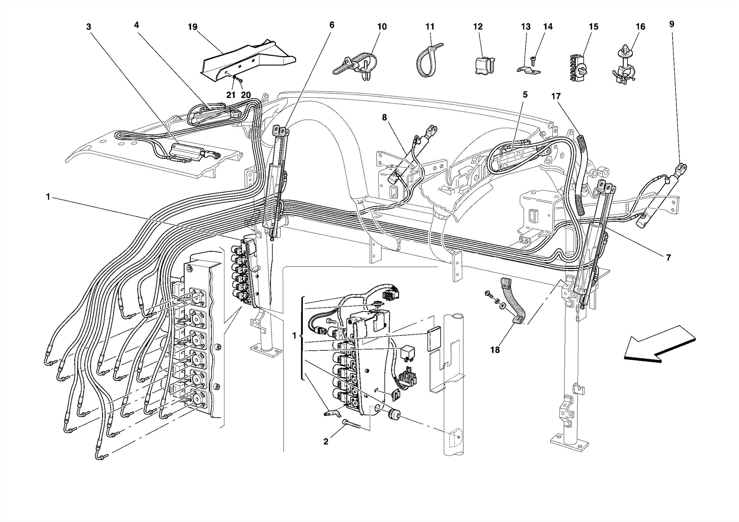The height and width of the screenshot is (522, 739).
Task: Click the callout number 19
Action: (192, 27)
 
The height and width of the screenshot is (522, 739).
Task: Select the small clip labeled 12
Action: (483, 65)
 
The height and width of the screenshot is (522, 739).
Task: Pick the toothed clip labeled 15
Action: (578, 67)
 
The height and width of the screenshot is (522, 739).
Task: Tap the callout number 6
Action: (332, 25)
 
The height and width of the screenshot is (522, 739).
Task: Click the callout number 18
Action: (495, 350)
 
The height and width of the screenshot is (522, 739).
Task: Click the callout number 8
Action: (384, 117)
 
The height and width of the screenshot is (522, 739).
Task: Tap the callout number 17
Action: (556, 96)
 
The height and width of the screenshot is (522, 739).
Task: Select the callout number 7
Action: (668, 258)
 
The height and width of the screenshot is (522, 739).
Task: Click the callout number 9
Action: (672, 24)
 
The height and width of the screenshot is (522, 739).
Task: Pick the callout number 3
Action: (88, 27)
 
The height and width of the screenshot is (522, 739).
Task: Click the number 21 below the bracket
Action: (231, 95)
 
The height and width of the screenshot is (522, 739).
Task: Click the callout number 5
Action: (525, 95)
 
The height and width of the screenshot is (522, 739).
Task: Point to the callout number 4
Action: (136, 25)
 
